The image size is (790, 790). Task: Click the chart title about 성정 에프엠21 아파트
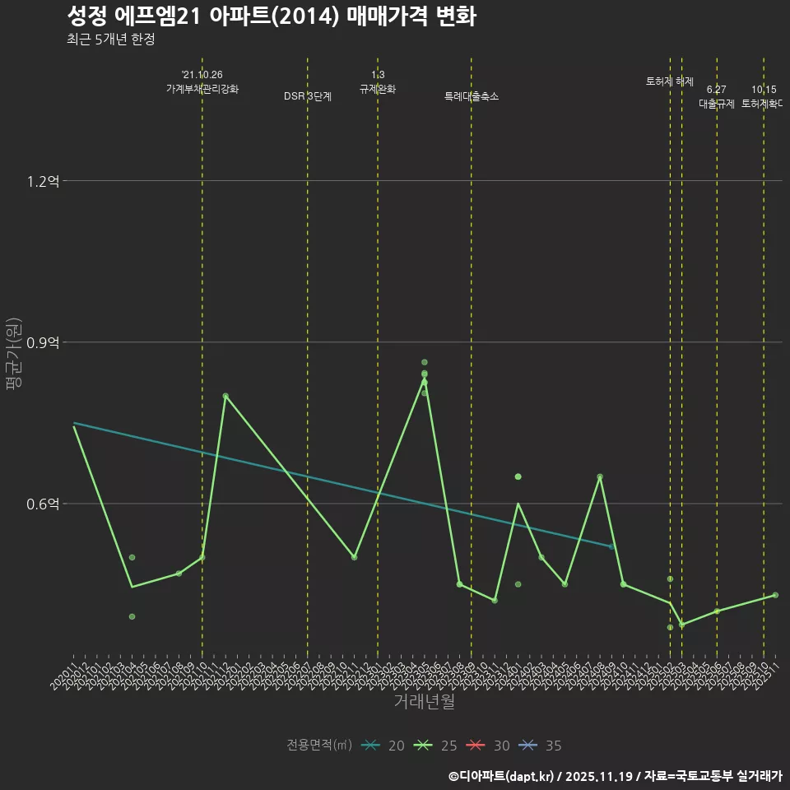(271, 16)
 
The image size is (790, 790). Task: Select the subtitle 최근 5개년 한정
(110, 39)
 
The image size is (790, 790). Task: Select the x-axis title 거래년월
(424, 702)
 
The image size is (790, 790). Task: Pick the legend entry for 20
(383, 746)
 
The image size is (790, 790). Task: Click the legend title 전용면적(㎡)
(319, 746)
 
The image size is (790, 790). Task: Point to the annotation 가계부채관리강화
(202, 89)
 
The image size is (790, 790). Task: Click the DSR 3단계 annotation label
(308, 96)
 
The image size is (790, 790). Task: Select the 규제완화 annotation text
(378, 89)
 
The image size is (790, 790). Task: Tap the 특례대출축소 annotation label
(472, 96)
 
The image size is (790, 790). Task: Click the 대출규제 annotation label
(717, 104)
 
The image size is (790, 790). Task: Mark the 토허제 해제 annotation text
(670, 81)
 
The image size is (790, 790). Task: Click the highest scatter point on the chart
(425, 362)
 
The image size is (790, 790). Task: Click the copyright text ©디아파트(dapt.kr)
(501, 775)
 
